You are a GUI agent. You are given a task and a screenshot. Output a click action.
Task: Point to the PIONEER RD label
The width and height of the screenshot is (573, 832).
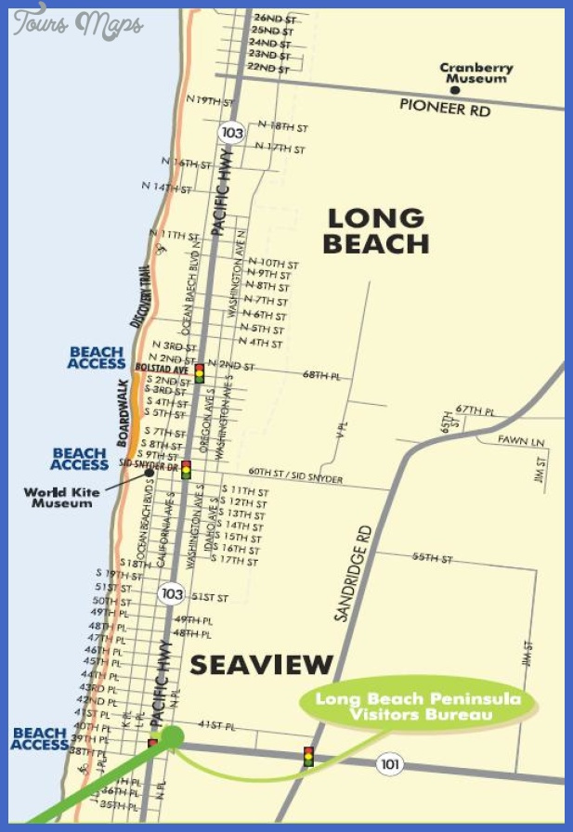tap(445, 106)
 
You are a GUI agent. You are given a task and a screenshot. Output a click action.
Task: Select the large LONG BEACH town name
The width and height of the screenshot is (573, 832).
tap(375, 231)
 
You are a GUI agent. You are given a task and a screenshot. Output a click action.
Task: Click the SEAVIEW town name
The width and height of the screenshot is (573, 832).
tap(261, 665)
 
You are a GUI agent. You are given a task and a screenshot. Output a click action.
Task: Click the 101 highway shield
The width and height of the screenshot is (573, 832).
tap(388, 763)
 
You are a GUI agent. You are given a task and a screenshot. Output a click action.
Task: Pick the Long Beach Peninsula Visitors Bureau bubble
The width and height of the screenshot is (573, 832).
tap(417, 707)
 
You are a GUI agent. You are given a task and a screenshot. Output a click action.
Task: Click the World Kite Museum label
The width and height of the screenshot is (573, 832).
tap(62, 497)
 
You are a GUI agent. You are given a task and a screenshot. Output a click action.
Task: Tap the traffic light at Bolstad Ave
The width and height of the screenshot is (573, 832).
tap(199, 373)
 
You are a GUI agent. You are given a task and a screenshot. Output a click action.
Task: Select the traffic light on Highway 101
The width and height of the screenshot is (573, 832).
tap(307, 757)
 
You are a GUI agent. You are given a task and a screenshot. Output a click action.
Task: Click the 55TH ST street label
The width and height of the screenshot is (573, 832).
tap(432, 558)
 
